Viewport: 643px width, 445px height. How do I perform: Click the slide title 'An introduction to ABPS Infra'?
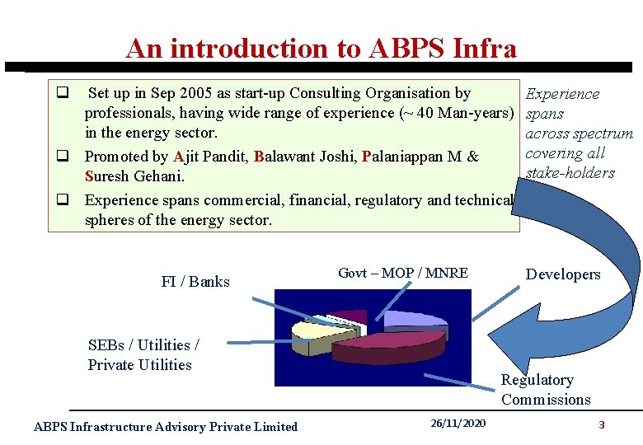point(321,49)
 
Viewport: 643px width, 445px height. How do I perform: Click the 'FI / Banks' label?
point(195,282)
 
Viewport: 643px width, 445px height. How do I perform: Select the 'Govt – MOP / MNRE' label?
point(403,273)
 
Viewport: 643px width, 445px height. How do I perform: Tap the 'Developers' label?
point(563,274)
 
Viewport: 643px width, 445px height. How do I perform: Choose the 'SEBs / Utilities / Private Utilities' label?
point(143,355)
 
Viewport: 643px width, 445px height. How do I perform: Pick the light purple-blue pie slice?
point(412,319)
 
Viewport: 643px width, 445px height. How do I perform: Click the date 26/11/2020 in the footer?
point(458,424)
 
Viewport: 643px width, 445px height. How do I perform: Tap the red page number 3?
point(602,425)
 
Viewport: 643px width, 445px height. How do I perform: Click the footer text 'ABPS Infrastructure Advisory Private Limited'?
point(165,426)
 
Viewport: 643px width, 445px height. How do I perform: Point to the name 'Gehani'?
point(156,177)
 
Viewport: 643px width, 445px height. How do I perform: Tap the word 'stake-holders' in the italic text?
point(570,173)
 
